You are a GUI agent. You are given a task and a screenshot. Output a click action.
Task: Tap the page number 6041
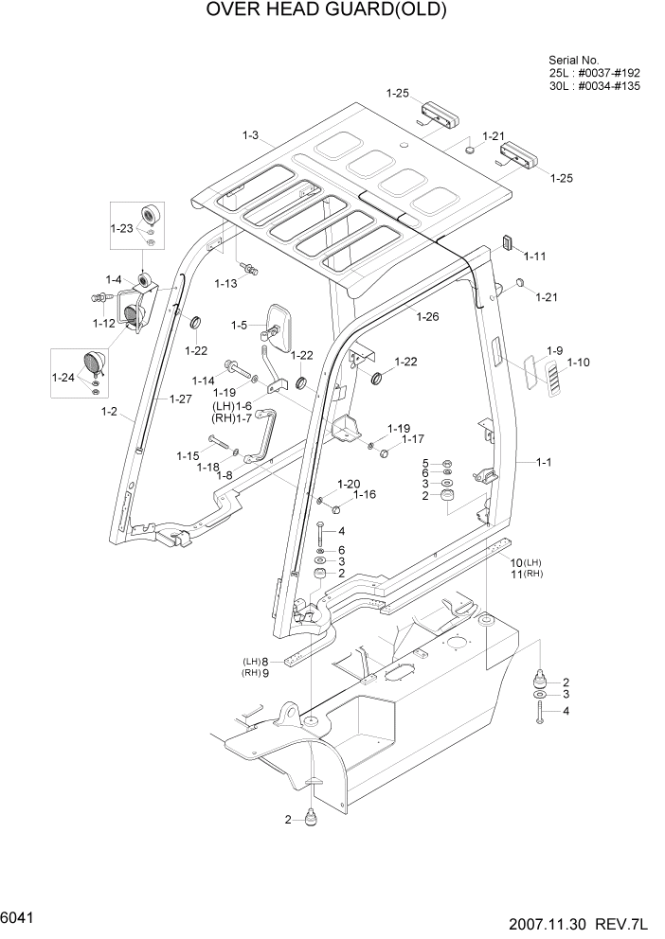[20, 917]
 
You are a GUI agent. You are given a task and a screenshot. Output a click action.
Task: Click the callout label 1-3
[250, 136]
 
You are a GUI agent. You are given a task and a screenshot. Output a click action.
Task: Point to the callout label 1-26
[427, 316]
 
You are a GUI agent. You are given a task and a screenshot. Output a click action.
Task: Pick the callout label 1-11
[535, 257]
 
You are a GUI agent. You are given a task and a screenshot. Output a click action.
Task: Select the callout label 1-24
[64, 378]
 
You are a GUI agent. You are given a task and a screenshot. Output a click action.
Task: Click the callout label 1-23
[121, 228]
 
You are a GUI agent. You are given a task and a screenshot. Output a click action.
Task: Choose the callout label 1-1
[545, 463]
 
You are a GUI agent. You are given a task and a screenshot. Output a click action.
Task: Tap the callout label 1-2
[109, 412]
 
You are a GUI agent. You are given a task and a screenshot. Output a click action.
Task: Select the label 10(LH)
[524, 562]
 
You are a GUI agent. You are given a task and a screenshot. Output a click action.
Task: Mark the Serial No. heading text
[574, 60]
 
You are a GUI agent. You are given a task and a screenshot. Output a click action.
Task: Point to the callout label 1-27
[181, 399]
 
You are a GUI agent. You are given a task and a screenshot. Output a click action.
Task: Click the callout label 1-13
[225, 283]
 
